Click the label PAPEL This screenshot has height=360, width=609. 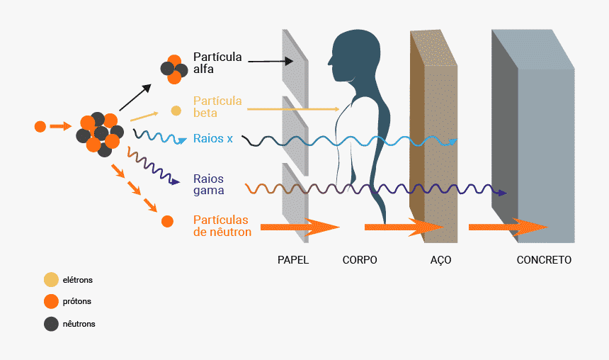(x=293, y=260)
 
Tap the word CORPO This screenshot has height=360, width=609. (x=360, y=260)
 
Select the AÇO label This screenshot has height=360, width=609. (x=440, y=260)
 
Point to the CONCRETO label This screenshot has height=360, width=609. (x=544, y=260)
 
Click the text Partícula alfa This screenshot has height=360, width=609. (x=217, y=63)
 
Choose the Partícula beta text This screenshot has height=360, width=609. (x=217, y=106)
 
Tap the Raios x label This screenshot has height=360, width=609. (x=213, y=139)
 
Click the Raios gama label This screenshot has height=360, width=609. (x=209, y=184)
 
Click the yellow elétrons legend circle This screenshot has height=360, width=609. (x=51, y=280)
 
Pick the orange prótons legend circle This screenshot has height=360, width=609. (x=51, y=302)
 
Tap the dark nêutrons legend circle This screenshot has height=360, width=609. (x=51, y=324)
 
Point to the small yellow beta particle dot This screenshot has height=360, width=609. (x=176, y=111)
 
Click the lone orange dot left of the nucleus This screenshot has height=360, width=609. (x=40, y=127)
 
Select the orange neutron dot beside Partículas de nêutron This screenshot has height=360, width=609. (x=167, y=221)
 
